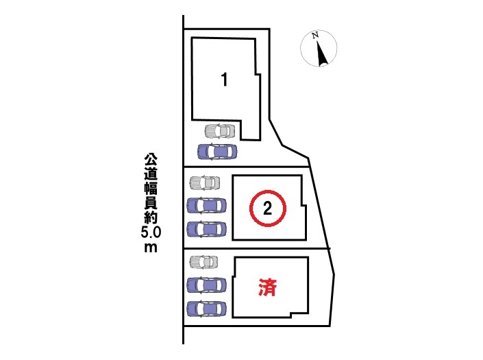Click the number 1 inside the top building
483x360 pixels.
tap(224, 79)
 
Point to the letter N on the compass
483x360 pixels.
tap(314, 36)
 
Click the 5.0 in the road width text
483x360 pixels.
tap(150, 233)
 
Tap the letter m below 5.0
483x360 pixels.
tap(150, 248)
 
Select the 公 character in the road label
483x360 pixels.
tap(150, 158)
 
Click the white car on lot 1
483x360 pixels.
tap(219, 130)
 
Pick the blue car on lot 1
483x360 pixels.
tap(216, 151)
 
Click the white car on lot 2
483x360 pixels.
tap(205, 183)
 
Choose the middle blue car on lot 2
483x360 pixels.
tap(206, 204)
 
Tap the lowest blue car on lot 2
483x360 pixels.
tap(206, 228)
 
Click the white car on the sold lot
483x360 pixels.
tap(205, 262)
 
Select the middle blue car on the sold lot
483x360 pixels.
tap(206, 284)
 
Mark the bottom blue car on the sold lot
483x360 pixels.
tap(206, 308)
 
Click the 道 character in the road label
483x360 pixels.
tap(150, 173)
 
